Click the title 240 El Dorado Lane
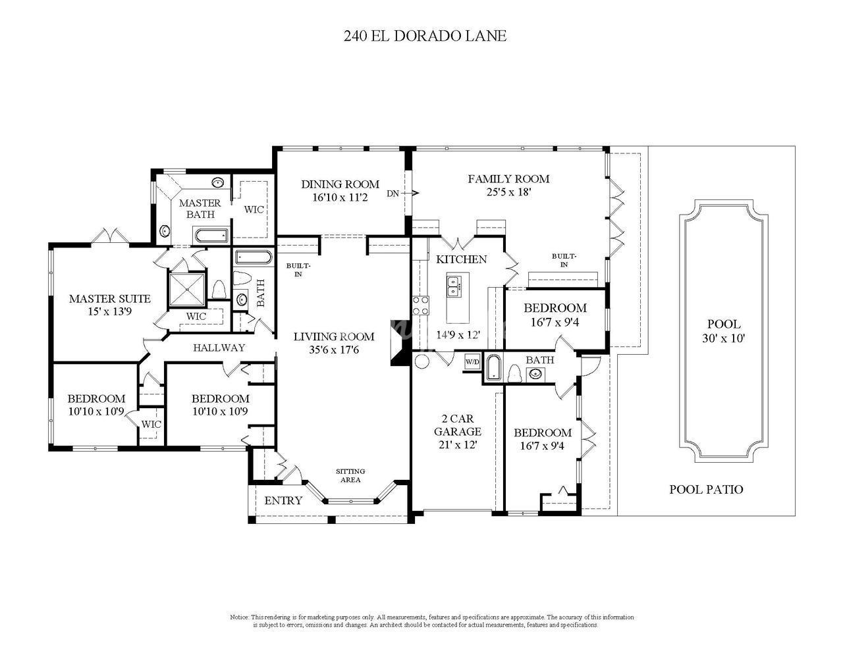(x=425, y=36)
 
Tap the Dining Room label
(x=340, y=184)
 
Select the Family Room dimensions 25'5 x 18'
(x=508, y=192)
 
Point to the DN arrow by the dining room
(x=410, y=193)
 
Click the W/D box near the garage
(x=472, y=362)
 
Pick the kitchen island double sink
(x=453, y=287)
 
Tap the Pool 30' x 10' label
(x=724, y=331)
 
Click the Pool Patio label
(x=706, y=489)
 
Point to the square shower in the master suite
(x=186, y=289)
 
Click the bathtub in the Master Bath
(x=211, y=235)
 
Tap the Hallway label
(x=219, y=348)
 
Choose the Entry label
(x=283, y=500)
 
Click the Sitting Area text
(x=350, y=475)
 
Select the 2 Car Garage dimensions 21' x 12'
(x=458, y=444)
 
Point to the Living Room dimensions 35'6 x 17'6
(x=334, y=350)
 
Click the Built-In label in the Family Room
(x=564, y=260)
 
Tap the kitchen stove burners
(x=421, y=305)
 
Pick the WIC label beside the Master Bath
(x=254, y=209)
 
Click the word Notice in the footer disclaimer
(x=239, y=617)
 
